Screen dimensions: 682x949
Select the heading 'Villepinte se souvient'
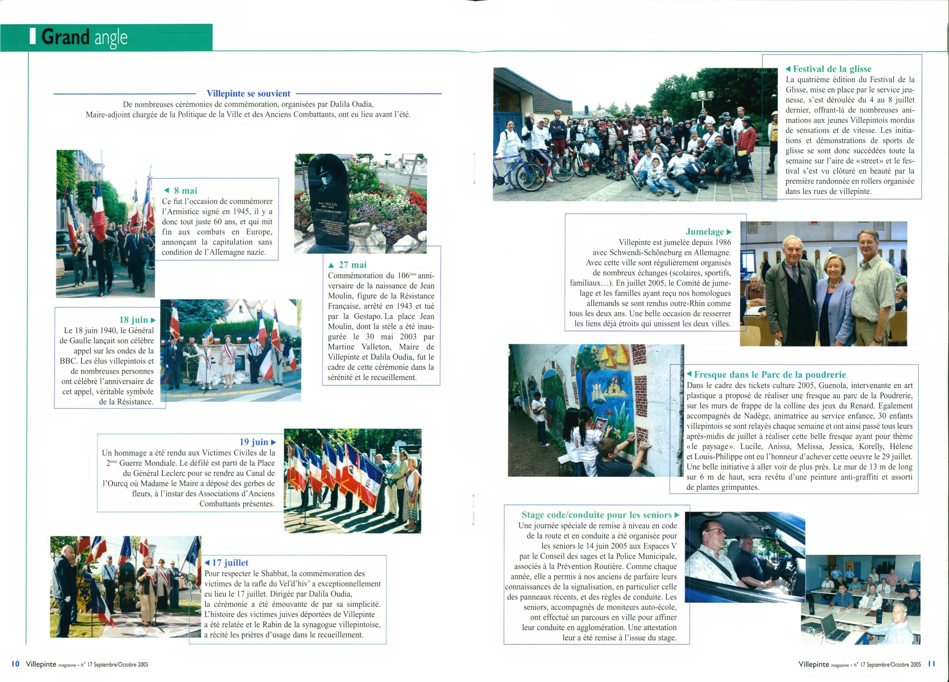pos(248,94)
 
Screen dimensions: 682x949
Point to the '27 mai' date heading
pos(352,265)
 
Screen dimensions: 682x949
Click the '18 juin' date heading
pos(134,320)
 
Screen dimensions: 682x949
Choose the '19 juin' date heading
pos(254,442)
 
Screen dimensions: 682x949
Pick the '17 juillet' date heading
pos(230,563)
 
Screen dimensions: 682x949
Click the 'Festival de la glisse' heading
pos(832,69)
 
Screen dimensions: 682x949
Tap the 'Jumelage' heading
pos(705,232)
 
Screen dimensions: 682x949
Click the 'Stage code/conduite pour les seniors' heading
pos(597,515)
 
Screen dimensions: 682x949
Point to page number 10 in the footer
pos(16,664)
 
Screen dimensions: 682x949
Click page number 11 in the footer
pos(932,664)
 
